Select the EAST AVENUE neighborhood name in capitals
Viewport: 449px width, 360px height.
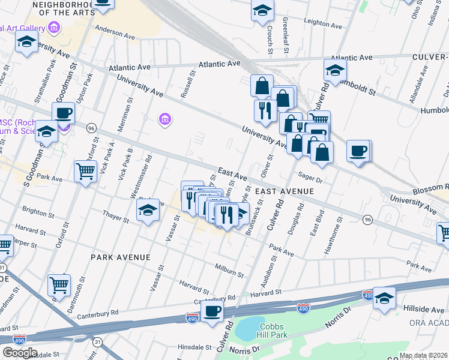tap(285, 191)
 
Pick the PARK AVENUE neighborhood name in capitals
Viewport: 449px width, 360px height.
tap(120, 257)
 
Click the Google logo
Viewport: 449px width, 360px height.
tap(20, 352)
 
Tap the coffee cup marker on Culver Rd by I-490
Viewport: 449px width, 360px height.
tap(212, 311)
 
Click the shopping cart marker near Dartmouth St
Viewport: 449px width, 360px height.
tap(59, 284)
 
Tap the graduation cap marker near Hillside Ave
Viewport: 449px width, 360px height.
tap(384, 298)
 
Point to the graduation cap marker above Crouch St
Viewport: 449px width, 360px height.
tap(262, 11)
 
